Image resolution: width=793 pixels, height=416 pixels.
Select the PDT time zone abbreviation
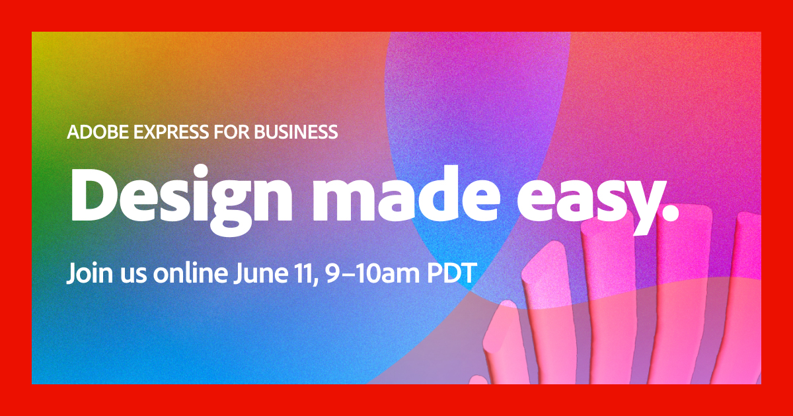(450, 272)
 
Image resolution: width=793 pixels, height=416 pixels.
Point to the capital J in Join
(70, 273)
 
